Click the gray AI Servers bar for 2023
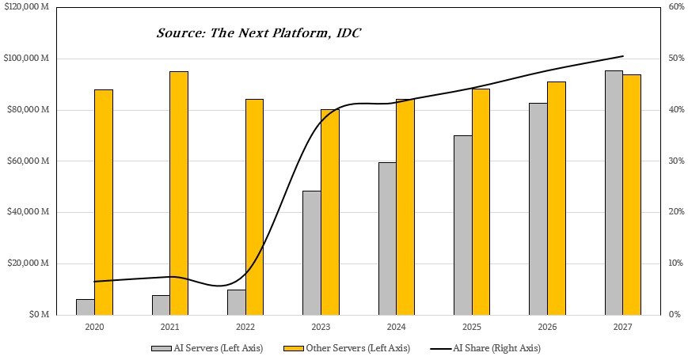pyautogui.click(x=312, y=253)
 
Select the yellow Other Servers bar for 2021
pyautogui.click(x=179, y=193)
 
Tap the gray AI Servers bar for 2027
pyautogui.click(x=614, y=193)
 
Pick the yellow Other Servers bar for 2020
pyautogui.click(x=104, y=202)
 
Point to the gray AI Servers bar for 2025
pyautogui.click(x=463, y=225)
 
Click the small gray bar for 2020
pyautogui.click(x=86, y=307)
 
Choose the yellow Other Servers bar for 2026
pyautogui.click(x=557, y=198)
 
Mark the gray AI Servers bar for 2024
pyautogui.click(x=387, y=238)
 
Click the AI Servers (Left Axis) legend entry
pyautogui.click(x=207, y=348)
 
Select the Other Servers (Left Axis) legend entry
pyautogui.click(x=347, y=348)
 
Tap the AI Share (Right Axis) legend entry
pyautogui.click(x=485, y=348)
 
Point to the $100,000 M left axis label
pyautogui.click(x=26, y=59)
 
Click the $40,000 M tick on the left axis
pyautogui.click(x=28, y=212)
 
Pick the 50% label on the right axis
pyautogui.click(x=676, y=59)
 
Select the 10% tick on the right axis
pyautogui.click(x=676, y=263)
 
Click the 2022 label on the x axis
pyautogui.click(x=245, y=327)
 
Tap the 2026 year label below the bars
pyautogui.click(x=547, y=327)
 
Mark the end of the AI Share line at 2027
pyautogui.click(x=623, y=56)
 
